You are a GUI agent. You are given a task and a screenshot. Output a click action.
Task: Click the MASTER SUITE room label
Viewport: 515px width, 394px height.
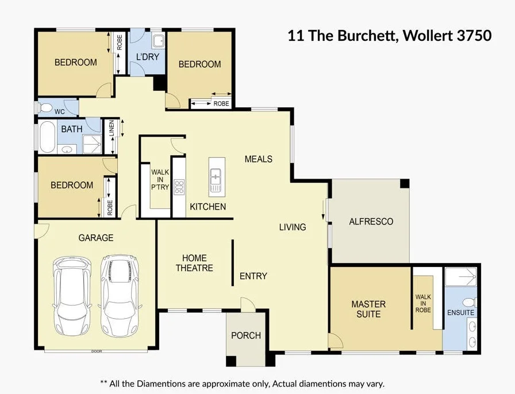(368, 309)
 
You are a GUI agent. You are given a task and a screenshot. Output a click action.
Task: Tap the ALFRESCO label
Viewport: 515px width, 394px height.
(371, 221)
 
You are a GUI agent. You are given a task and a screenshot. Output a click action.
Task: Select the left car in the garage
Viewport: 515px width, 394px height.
(72, 296)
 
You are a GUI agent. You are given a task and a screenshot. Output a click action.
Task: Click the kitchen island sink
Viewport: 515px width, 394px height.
(216, 180)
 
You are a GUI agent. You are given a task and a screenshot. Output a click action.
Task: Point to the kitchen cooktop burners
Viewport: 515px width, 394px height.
(179, 186)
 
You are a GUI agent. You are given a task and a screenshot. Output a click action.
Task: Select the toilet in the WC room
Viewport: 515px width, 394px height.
(47, 108)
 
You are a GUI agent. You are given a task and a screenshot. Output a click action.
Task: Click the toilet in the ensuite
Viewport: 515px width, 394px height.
(469, 302)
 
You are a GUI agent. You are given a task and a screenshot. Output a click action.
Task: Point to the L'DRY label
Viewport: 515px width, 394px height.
(147, 57)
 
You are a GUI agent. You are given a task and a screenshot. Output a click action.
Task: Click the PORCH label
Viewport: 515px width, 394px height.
(246, 335)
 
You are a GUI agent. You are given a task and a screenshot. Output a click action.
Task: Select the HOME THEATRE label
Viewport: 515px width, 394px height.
(194, 263)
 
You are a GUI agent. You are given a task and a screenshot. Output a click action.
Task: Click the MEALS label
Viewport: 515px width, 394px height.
(258, 159)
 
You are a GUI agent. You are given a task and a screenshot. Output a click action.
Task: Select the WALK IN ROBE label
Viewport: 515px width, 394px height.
(423, 303)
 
